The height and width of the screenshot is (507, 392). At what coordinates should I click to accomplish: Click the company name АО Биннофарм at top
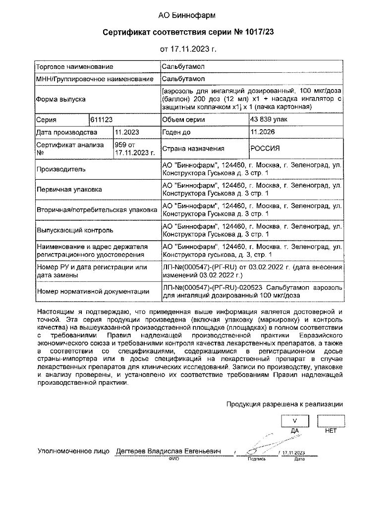(x=187, y=16)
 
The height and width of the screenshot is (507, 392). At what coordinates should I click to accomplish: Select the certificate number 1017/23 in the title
(x=260, y=33)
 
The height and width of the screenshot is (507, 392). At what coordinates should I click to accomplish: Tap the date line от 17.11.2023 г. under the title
(x=188, y=50)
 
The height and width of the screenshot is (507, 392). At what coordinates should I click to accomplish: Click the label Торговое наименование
(x=75, y=67)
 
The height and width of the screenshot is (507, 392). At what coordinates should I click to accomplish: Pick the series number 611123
(x=102, y=120)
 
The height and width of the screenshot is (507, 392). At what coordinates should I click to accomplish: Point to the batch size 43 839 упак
(x=269, y=120)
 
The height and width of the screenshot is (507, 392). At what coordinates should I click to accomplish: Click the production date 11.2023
(x=127, y=133)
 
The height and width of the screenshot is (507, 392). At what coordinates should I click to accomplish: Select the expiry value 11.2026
(x=263, y=133)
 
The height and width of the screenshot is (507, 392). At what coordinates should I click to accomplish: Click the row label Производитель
(x=60, y=169)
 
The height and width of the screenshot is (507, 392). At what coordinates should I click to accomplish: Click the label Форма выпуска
(x=61, y=99)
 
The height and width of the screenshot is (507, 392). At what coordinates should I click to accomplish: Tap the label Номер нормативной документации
(x=93, y=291)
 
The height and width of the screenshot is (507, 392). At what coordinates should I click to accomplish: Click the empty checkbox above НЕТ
(x=331, y=420)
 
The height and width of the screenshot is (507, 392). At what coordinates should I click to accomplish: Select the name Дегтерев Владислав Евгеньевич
(x=168, y=452)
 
